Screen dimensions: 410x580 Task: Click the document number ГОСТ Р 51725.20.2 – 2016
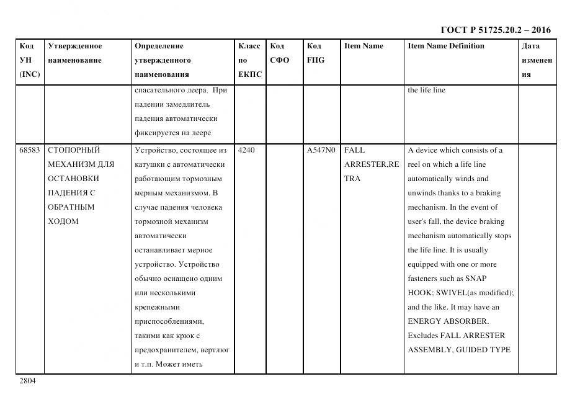pyautogui.click(x=495, y=30)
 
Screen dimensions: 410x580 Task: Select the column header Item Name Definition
pyautogui.click(x=445, y=46)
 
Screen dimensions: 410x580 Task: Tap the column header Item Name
pyautogui.click(x=364, y=46)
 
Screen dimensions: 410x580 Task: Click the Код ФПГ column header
pyautogui.click(x=315, y=53)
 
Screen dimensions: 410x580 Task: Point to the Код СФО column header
pyautogui.click(x=279, y=53)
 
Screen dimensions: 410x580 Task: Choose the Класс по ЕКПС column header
pyautogui.click(x=249, y=60)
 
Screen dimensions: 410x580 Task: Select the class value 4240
pyautogui.click(x=247, y=150)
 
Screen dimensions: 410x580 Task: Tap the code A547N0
pyautogui.click(x=321, y=150)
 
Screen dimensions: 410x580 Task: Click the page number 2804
pyautogui.click(x=27, y=381)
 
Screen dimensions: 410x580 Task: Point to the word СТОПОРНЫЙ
pyautogui.click(x=74, y=150)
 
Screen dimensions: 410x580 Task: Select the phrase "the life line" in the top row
pyautogui.click(x=426, y=90)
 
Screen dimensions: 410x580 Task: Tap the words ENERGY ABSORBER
pyautogui.click(x=448, y=321)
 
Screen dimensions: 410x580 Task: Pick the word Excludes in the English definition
pyautogui.click(x=422, y=336)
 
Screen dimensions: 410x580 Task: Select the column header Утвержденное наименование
pyautogui.click(x=75, y=53)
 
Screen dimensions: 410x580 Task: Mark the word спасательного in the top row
pyautogui.click(x=158, y=90)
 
